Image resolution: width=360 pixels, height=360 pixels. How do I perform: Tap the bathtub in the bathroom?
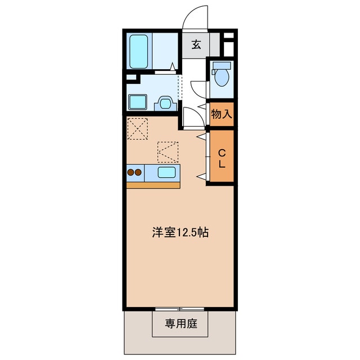coord(138,52)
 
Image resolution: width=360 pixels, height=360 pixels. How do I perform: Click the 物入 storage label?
coord(221,114)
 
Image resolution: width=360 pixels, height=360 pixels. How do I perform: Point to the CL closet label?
coord(222,158)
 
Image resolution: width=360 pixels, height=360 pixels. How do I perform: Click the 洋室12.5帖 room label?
coord(180,232)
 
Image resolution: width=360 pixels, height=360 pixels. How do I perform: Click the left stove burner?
coord(131,173)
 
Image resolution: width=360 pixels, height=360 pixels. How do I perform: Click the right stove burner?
coord(139,173)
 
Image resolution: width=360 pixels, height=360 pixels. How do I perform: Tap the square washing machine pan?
coord(137,102)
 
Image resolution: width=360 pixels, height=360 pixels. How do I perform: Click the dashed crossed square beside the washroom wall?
coord(137,128)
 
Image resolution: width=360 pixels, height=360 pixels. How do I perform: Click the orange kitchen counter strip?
coord(153,185)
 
